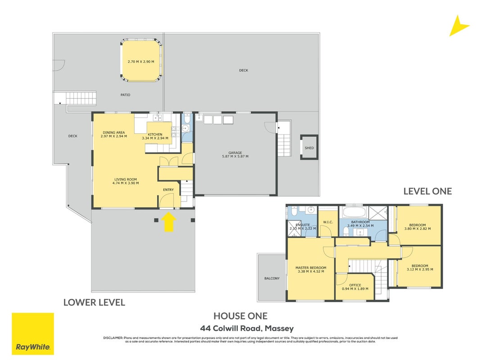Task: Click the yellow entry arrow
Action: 168,222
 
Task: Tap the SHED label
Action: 309,148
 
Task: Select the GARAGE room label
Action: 235,153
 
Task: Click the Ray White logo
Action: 33,333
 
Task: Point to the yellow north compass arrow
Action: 458,26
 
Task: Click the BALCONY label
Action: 272,279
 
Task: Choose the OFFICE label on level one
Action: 355,285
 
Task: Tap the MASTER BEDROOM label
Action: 311,268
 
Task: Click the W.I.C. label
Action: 328,222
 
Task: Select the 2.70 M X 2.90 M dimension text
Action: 141,62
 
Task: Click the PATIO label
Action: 125,95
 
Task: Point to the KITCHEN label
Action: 155,135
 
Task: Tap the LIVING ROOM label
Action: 126,180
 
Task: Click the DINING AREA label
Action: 114,133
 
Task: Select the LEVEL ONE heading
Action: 427,192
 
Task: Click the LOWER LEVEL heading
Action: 94,303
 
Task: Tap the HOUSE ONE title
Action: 240,316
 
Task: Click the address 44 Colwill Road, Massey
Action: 247,329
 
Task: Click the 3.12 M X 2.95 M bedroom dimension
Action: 420,270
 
